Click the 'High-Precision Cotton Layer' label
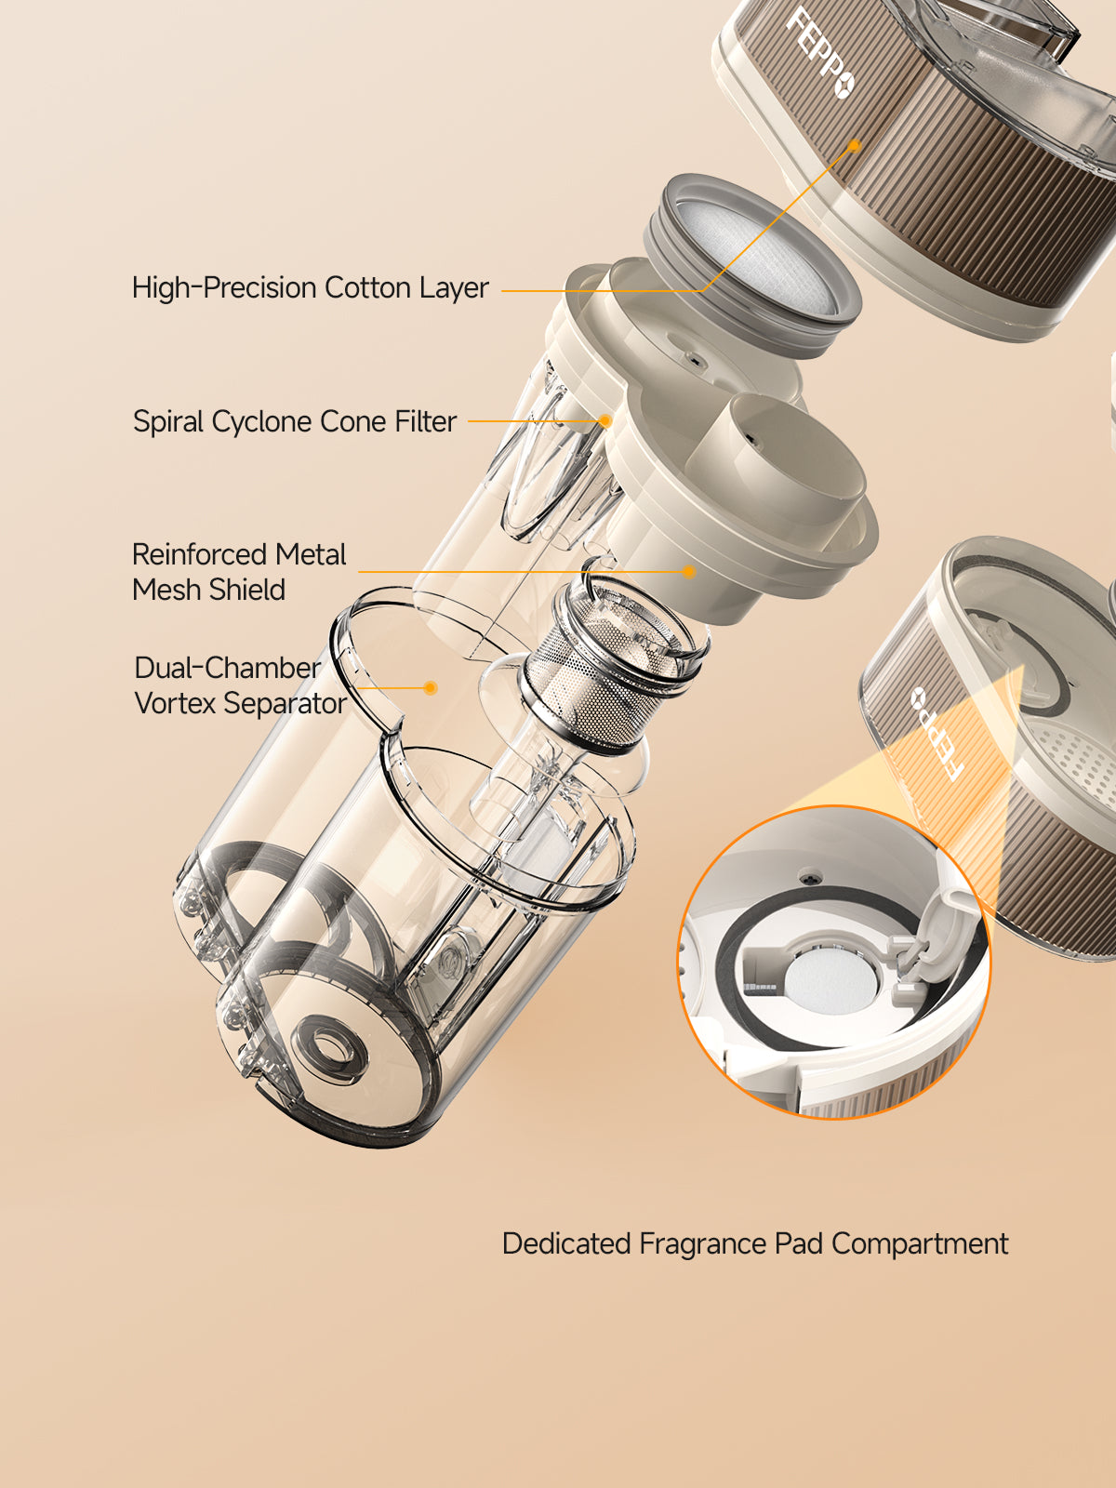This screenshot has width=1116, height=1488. [310, 287]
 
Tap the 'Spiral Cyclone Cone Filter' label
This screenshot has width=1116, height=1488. [295, 421]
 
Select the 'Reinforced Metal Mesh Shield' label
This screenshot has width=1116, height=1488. [238, 571]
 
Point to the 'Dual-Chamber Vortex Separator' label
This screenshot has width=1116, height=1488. [241, 684]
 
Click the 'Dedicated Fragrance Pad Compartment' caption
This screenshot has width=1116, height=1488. [755, 1244]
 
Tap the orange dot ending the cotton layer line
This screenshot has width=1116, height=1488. [855, 145]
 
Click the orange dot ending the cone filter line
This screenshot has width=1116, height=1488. [605, 421]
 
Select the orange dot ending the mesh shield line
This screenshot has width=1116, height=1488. [688, 571]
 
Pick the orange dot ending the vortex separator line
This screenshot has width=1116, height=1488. [431, 688]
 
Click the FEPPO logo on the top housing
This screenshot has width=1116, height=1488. [820, 53]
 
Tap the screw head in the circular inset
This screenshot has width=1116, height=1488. [808, 879]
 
